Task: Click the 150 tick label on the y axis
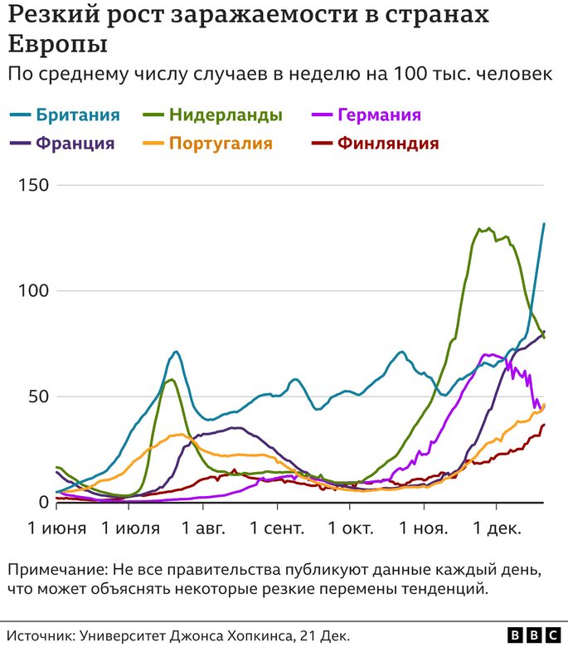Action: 35,185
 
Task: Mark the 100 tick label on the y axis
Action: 35,291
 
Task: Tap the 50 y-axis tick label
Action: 39,397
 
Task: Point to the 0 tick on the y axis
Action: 44,503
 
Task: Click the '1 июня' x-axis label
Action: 56,528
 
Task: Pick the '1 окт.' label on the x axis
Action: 350,528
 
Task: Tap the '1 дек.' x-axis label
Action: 496,528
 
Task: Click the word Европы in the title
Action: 58,43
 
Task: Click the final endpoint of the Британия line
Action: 544,224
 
